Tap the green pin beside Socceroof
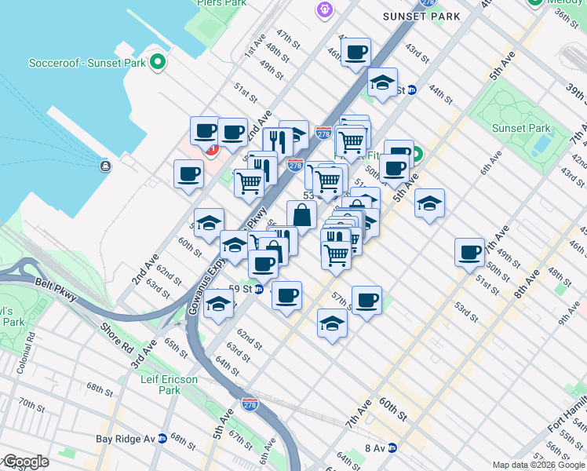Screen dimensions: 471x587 [158, 61]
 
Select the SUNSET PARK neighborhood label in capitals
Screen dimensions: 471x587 [414, 16]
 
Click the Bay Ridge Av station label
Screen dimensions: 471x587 [126, 439]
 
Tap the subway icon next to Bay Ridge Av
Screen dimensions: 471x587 [162, 439]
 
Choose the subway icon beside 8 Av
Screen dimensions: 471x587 [392, 448]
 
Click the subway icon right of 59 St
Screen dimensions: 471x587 [258, 289]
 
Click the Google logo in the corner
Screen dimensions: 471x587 [25, 462]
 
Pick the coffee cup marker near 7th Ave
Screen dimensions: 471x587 [470, 253]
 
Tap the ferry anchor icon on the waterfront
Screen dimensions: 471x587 [105, 166]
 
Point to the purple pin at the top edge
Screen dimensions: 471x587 [325, 9]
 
